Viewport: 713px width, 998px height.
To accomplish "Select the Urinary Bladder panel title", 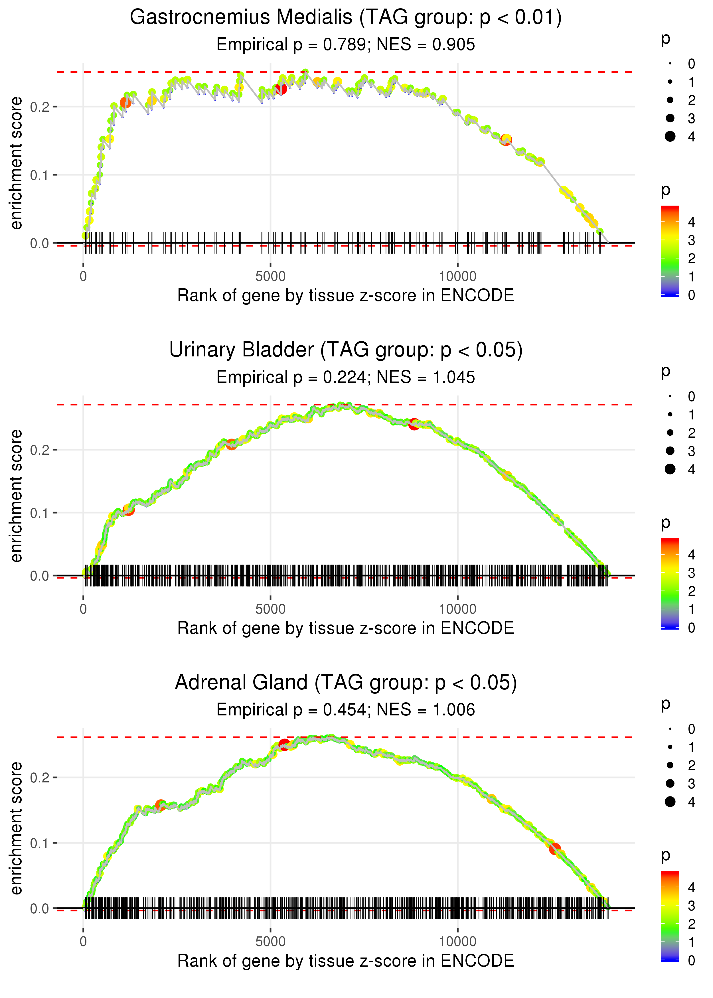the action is pyautogui.click(x=346, y=350).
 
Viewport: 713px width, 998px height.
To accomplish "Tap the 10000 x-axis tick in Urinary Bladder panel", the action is pyautogui.click(x=457, y=609).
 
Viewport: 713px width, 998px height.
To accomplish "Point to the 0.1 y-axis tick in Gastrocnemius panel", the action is pyautogui.click(x=40, y=175).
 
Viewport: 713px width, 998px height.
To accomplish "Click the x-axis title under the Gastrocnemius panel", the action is pyautogui.click(x=346, y=295).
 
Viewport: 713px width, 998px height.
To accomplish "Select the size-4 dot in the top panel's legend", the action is pyautogui.click(x=670, y=137).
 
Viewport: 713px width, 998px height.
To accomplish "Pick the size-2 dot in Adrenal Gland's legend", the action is pyautogui.click(x=670, y=765).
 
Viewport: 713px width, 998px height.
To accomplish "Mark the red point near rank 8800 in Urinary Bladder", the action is pyautogui.click(x=414, y=424).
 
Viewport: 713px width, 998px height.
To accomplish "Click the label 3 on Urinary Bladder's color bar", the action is pyautogui.click(x=692, y=573).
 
